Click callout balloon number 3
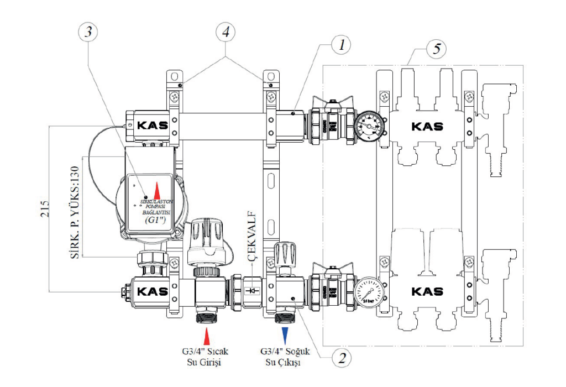87,32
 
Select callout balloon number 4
224,32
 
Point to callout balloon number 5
437,49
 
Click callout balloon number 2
341,359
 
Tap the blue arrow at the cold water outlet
285,335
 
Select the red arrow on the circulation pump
156,190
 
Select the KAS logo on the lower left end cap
151,291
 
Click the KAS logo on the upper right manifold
427,126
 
